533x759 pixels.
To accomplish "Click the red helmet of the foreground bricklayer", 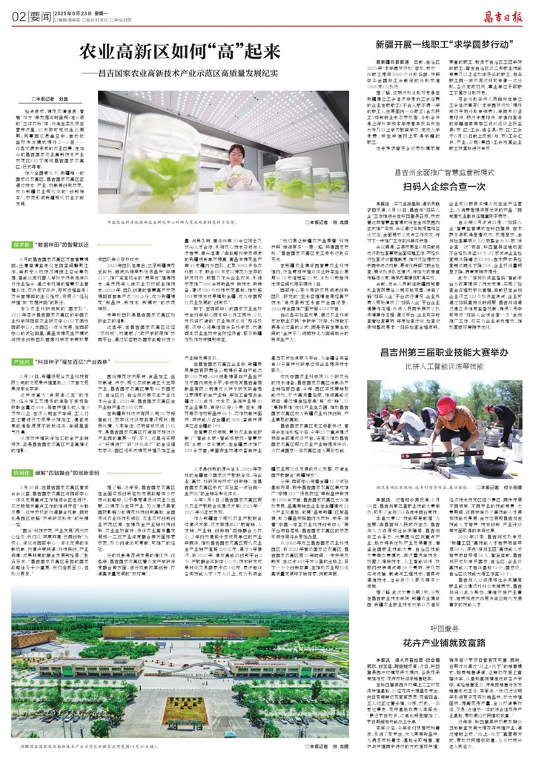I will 446,405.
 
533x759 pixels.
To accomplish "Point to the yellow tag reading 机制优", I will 21,471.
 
